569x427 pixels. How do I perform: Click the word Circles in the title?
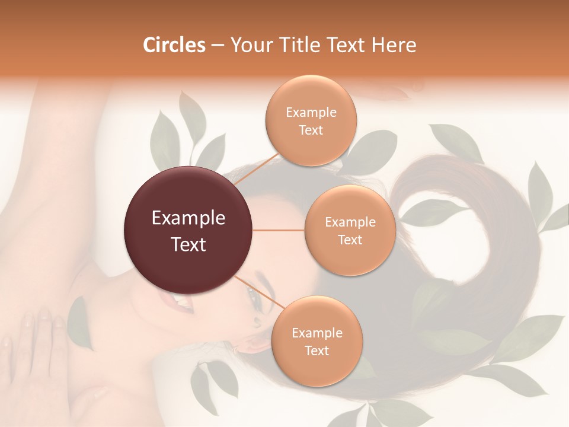click(x=174, y=45)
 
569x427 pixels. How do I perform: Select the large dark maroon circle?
click(x=188, y=230)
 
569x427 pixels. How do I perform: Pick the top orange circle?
click(x=311, y=120)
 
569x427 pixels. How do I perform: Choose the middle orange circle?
click(x=350, y=230)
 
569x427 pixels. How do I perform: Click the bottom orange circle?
click(x=317, y=341)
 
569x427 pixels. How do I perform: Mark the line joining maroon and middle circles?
click(x=279, y=230)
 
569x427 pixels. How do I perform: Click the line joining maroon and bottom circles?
click(x=258, y=292)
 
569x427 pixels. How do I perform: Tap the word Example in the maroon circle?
click(x=188, y=218)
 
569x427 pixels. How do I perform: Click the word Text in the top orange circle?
click(x=311, y=130)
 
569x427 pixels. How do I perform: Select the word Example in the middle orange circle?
click(x=350, y=222)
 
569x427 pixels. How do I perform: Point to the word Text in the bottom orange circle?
click(x=317, y=350)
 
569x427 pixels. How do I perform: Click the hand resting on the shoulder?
click(x=36, y=344)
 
